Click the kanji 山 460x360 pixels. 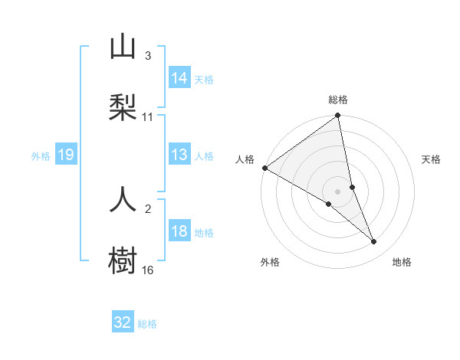[123, 47]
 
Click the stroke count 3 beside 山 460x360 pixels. [148, 56]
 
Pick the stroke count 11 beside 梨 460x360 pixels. [148, 117]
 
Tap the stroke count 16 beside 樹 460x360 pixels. [148, 270]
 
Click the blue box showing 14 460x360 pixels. [179, 78]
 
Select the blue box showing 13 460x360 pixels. [179, 155]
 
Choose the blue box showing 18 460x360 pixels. [179, 231]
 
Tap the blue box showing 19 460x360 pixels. [66, 155]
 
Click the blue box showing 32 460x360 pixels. [123, 322]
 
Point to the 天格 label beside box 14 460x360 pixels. [204, 79]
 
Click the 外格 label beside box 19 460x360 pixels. [41, 155]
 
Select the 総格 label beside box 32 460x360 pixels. [147, 324]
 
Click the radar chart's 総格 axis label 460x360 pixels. [338, 100]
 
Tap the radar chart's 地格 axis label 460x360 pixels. [402, 262]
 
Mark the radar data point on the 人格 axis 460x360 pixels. [264, 168]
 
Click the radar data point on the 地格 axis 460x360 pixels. [374, 241]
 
